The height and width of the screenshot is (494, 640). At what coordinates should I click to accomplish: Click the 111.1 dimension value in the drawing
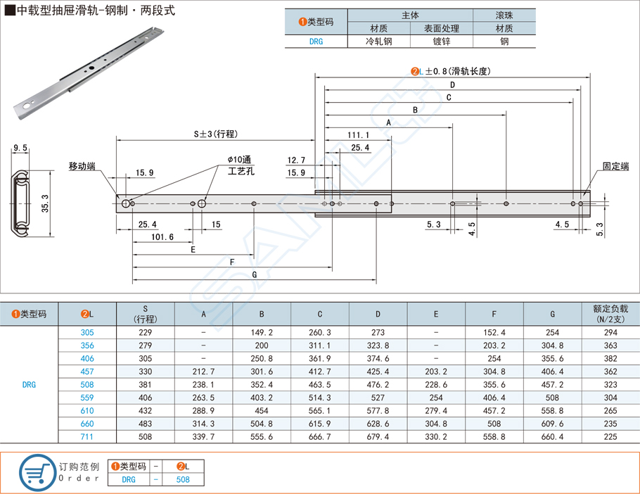pos(358,134)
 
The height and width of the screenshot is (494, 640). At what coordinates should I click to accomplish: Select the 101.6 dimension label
pos(162,237)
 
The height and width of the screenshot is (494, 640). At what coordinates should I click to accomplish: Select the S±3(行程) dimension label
pos(217,134)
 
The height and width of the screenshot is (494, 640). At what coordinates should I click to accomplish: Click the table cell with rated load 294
pos(610,332)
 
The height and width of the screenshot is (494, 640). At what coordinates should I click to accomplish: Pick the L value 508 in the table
pos(87,385)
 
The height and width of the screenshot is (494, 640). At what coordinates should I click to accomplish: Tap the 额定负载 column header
pos(610,314)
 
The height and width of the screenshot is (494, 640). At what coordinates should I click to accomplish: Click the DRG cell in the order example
pos(129,479)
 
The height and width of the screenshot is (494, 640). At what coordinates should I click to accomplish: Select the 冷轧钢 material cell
pos(378,42)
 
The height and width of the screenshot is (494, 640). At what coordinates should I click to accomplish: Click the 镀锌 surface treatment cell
pos(441,42)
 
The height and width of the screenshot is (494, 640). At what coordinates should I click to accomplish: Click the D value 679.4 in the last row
pos(378,437)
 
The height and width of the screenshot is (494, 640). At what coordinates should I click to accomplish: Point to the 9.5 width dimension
pos(20,148)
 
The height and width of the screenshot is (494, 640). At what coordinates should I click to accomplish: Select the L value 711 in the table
pos(87,437)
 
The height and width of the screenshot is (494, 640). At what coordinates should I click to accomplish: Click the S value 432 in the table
pos(146,411)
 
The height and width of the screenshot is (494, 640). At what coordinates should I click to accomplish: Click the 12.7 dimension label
pos(297,160)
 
